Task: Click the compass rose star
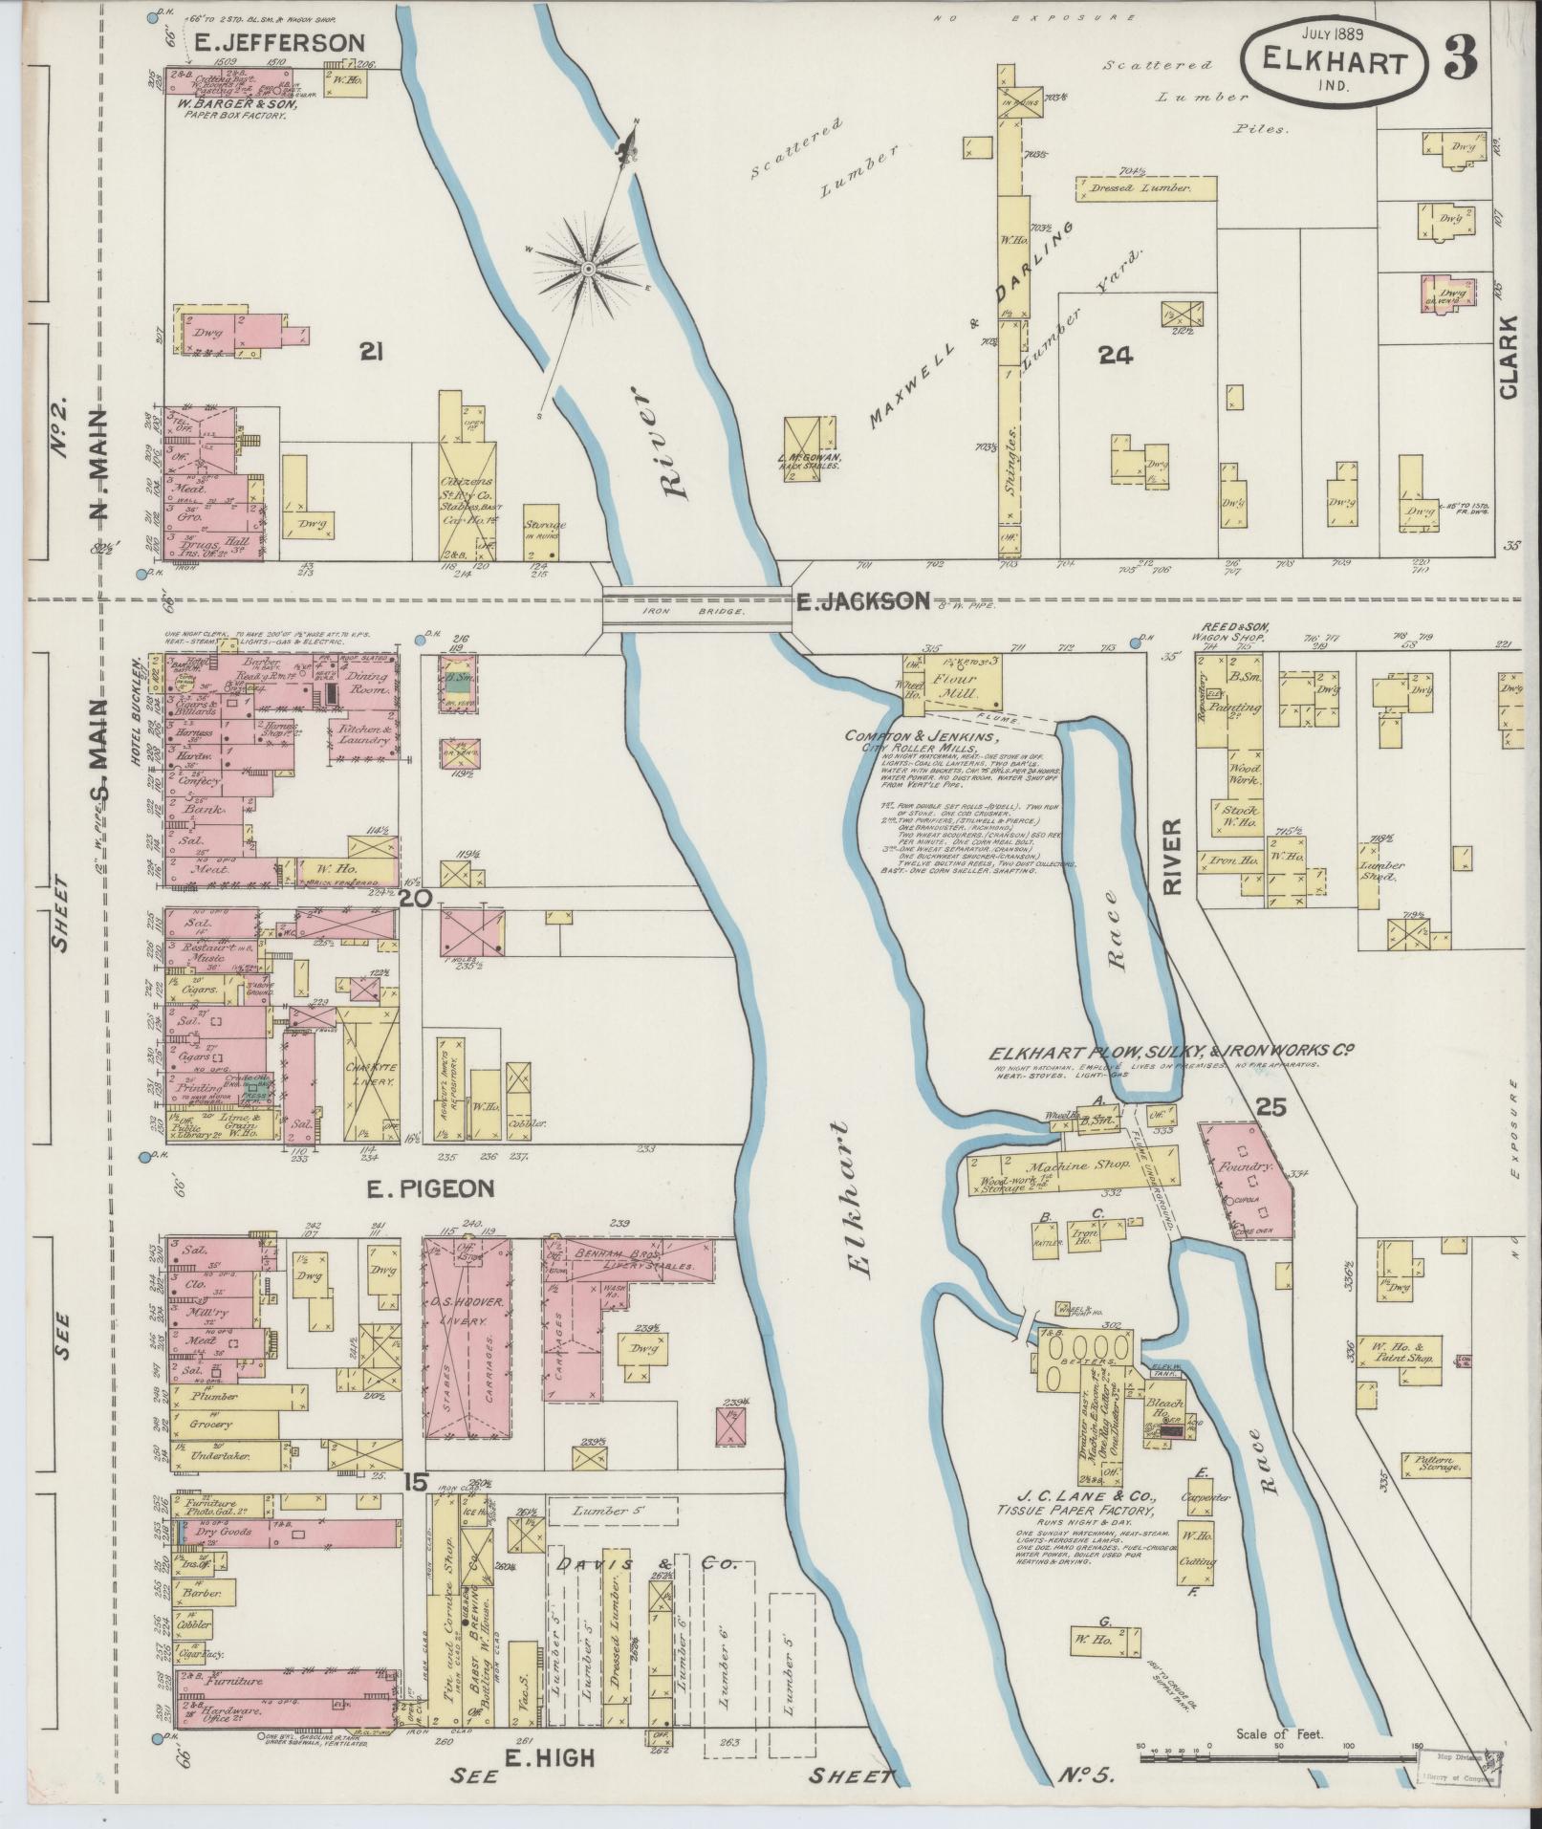tap(587, 259)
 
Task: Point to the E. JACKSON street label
tap(862, 600)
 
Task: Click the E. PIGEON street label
tap(430, 1188)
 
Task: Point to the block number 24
tap(1115, 356)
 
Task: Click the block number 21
tap(372, 354)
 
